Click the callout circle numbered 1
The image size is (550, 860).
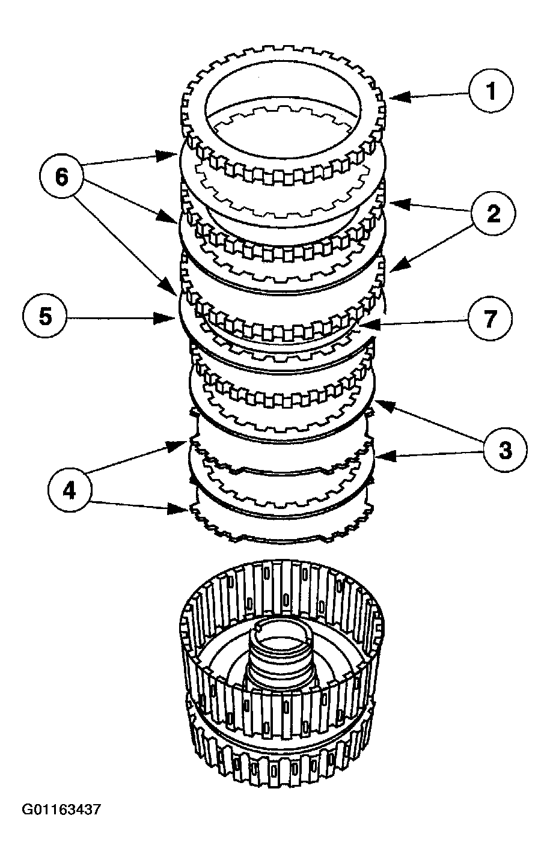pyautogui.click(x=491, y=92)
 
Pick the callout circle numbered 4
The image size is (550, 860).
pyautogui.click(x=70, y=491)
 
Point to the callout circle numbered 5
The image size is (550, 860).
pyautogui.click(x=46, y=317)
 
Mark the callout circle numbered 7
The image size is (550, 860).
pyautogui.click(x=490, y=318)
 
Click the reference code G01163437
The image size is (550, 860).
pyautogui.click(x=61, y=810)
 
